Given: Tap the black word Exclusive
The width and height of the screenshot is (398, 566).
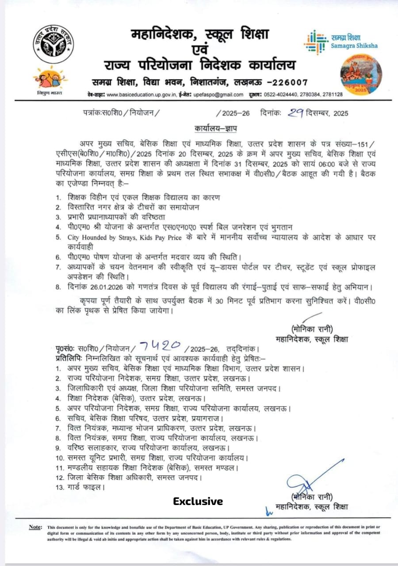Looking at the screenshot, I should tap(198, 501).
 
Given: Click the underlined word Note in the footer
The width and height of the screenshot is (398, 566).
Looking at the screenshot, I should tap(35, 527).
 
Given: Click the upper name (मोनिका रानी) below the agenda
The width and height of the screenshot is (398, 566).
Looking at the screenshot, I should tap(312, 329).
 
